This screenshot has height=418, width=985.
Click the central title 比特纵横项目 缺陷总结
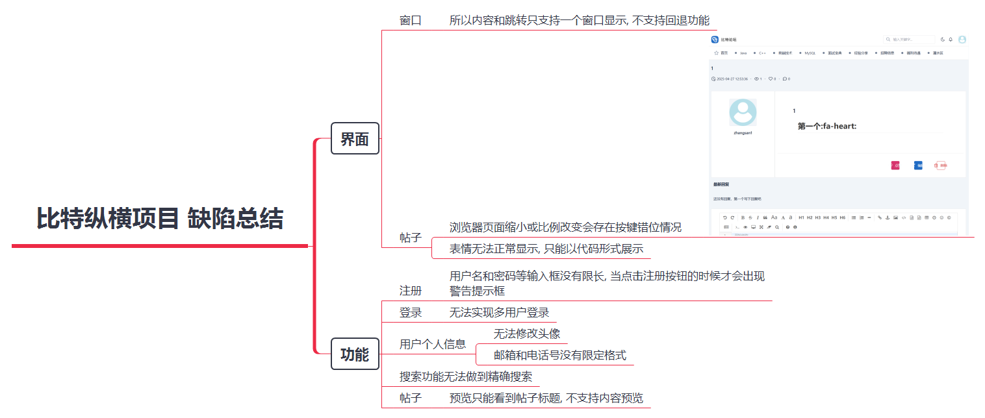(160, 219)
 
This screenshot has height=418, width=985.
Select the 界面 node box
(355, 139)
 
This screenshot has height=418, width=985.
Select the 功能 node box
(355, 354)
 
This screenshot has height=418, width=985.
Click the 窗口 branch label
(411, 20)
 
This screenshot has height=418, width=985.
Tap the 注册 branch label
(411, 290)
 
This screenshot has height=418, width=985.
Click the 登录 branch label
(411, 312)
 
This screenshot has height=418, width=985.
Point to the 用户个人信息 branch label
(433, 344)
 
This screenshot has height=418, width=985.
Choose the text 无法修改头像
(526, 334)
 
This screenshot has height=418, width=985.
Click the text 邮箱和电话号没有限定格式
(559, 355)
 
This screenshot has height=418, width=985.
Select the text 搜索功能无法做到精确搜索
(466, 376)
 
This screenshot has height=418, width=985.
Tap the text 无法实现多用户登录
(499, 312)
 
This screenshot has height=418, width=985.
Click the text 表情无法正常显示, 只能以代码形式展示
(546, 249)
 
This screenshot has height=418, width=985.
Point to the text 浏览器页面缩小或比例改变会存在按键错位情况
(565, 227)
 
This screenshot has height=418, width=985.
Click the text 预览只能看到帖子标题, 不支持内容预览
(546, 398)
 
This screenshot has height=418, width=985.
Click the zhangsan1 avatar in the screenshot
(743, 112)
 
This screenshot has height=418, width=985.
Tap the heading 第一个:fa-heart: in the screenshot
(827, 126)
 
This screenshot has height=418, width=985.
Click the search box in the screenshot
(909, 40)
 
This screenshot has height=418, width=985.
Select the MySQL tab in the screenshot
(810, 53)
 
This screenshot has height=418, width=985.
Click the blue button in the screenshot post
(918, 166)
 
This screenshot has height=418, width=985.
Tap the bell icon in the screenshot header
(951, 40)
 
